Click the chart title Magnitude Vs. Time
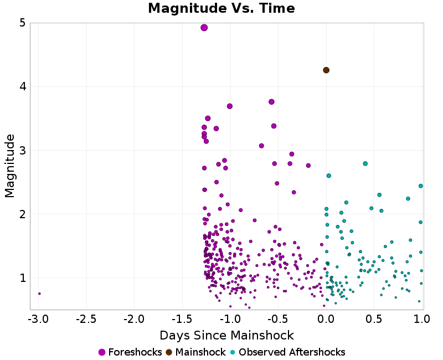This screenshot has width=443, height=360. point(221,8)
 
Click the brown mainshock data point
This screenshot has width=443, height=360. point(326,70)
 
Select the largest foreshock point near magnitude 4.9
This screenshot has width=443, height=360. point(204,28)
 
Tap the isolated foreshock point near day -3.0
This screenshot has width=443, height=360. point(39,294)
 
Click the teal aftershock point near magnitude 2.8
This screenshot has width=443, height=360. point(365,163)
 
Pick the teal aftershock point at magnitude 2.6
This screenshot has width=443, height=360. point(328,176)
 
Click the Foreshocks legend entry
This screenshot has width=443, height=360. point(130,352)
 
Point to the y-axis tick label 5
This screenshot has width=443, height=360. point(23,23)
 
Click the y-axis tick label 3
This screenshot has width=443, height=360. point(23,151)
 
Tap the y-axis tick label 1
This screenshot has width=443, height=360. point(23,278)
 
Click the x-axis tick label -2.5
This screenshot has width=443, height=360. point(85,320)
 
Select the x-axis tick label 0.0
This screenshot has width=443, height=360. point(326,320)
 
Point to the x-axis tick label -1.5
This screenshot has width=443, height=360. point(181,320)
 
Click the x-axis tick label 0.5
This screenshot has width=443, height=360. point(374,320)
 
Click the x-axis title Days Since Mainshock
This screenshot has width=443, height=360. point(226,336)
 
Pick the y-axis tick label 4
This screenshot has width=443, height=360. point(23,87)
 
